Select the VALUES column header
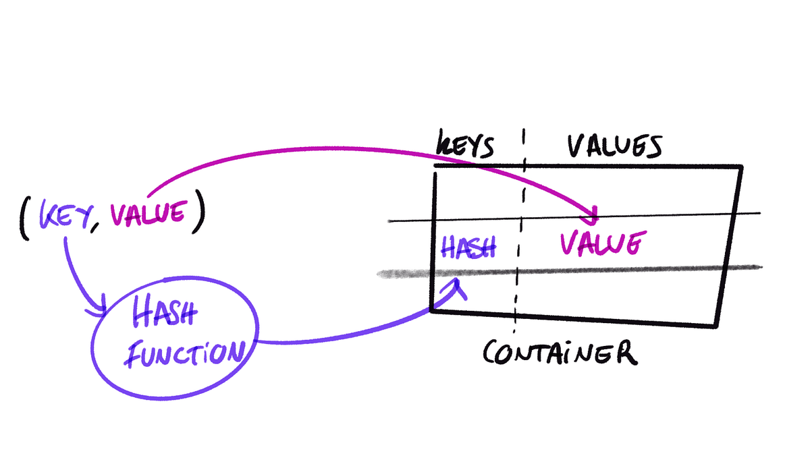(x=614, y=146)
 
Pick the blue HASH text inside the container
(x=468, y=247)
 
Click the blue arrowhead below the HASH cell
(x=459, y=285)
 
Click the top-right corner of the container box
(x=741, y=167)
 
